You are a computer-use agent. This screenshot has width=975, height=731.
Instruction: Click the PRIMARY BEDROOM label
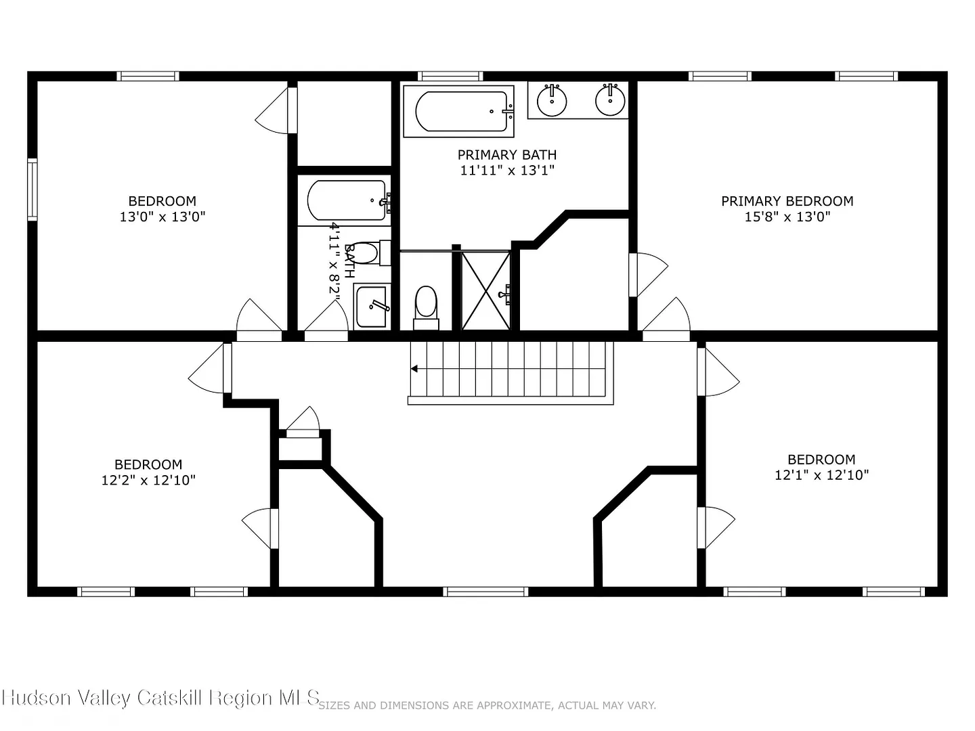(x=787, y=201)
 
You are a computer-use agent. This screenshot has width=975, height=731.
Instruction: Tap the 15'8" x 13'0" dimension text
(x=787, y=217)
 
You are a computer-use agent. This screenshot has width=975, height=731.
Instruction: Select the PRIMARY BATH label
(x=507, y=155)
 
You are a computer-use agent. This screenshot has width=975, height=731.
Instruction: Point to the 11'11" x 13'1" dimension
(x=507, y=170)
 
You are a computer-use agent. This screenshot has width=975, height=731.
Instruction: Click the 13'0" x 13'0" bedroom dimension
(x=162, y=217)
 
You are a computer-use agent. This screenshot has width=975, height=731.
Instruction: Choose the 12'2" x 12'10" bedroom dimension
(x=148, y=480)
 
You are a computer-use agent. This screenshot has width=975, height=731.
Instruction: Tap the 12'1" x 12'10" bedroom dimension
(x=821, y=475)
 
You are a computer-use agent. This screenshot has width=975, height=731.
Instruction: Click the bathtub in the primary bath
(x=459, y=112)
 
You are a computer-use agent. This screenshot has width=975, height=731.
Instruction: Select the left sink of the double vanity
(x=552, y=101)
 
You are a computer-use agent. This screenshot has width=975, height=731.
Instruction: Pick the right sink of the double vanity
(x=610, y=101)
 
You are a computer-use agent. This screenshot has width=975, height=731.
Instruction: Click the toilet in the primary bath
(x=426, y=307)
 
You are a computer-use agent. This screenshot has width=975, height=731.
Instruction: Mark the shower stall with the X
(x=486, y=291)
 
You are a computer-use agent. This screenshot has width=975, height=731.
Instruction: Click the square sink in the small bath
(x=372, y=307)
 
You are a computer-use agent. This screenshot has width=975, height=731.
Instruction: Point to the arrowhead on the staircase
(x=414, y=368)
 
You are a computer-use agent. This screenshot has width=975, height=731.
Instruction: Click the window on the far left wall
(x=32, y=189)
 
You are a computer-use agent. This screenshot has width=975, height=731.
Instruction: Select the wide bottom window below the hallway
(x=485, y=592)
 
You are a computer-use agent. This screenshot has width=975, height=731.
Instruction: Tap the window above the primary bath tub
(x=450, y=76)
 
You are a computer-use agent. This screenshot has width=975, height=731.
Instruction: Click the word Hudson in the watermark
(x=37, y=698)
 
